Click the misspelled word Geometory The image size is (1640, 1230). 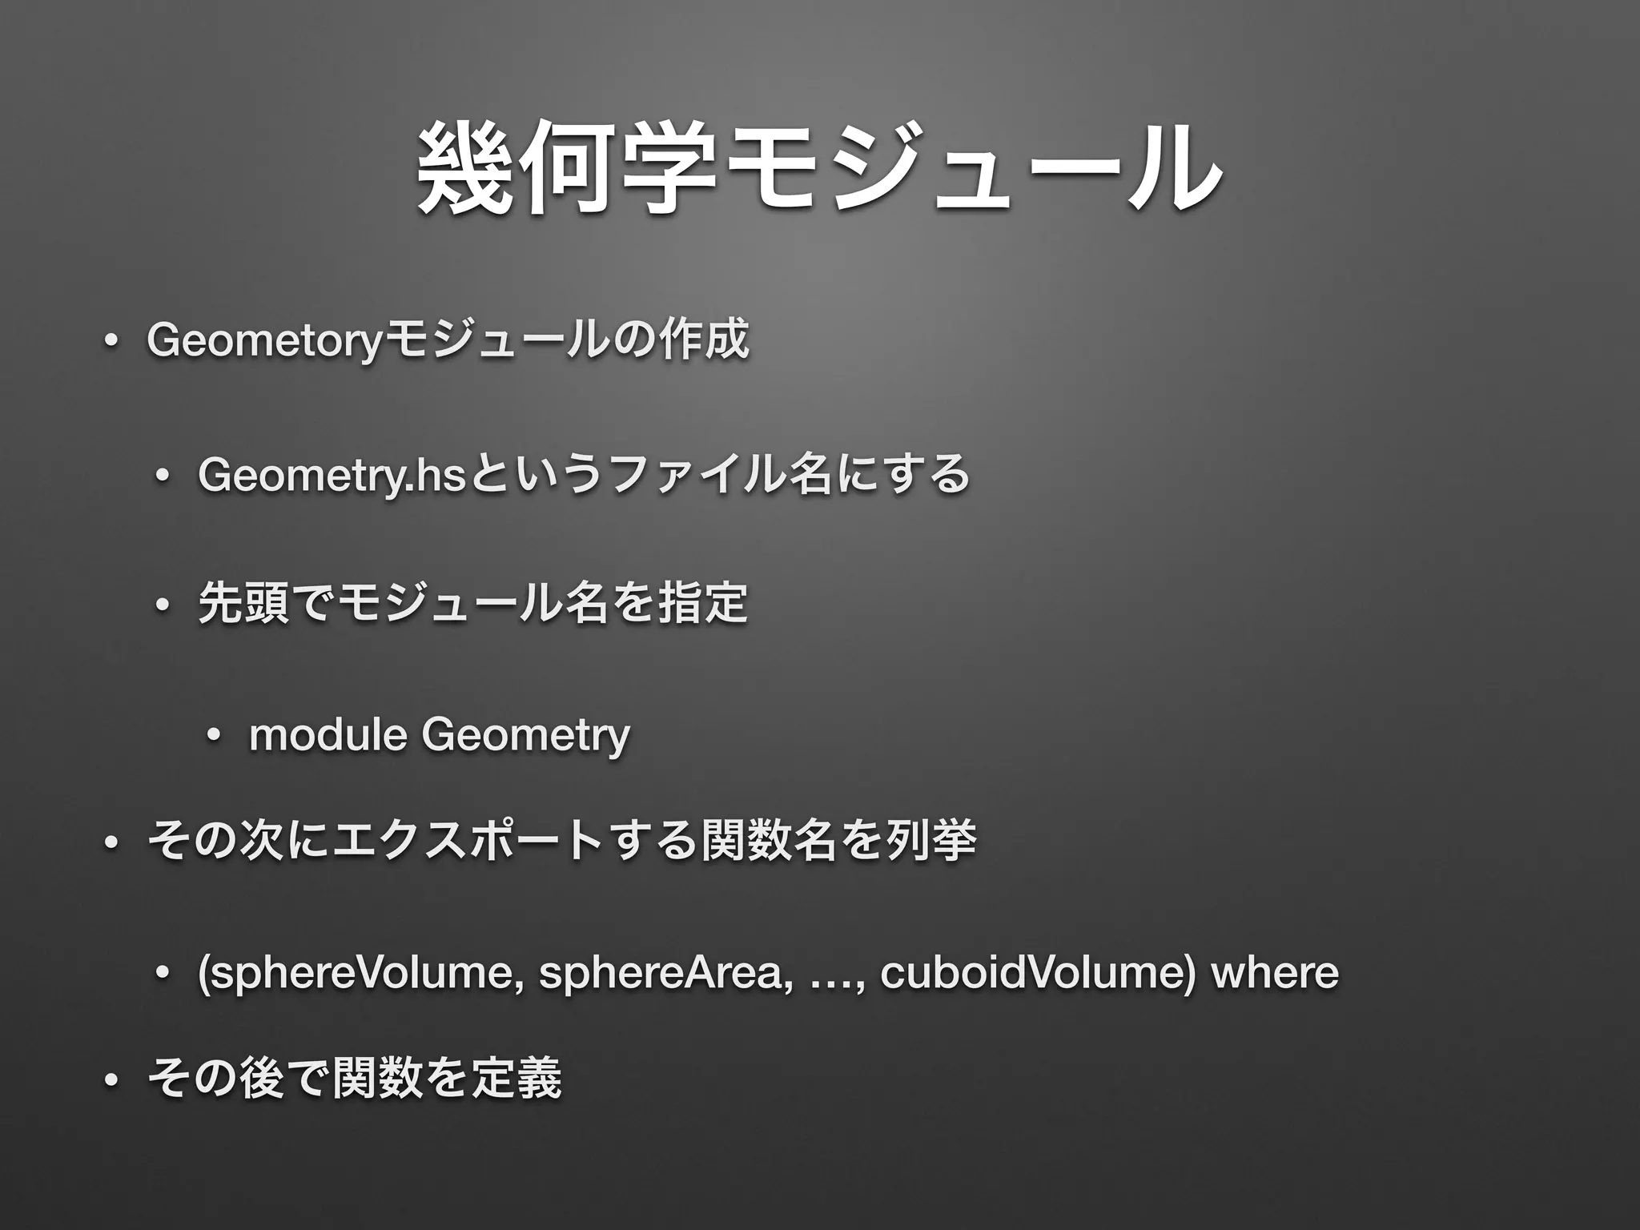265,340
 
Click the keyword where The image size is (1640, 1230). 1276,973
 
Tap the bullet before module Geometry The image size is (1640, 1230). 211,736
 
